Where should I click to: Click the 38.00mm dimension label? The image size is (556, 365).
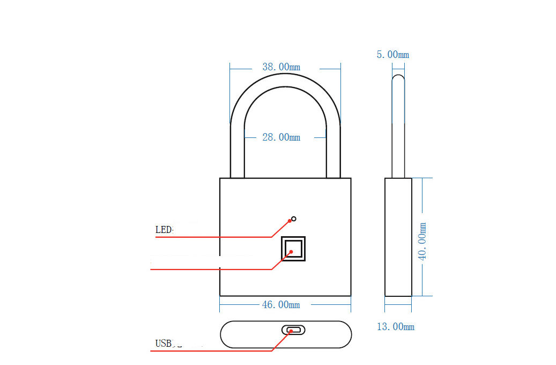(281, 67)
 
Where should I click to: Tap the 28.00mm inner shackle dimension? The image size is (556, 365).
(281, 137)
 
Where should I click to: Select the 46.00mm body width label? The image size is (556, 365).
(280, 305)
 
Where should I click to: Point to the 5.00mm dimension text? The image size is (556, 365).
(392, 55)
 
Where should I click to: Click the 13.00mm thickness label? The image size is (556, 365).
(396, 326)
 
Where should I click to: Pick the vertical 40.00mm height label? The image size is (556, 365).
(422, 242)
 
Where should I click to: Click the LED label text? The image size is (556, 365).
(164, 230)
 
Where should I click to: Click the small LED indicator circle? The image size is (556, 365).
(293, 219)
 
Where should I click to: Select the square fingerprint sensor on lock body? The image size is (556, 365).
(293, 249)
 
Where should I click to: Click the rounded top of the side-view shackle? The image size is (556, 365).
(398, 78)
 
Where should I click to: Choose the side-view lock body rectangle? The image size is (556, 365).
(398, 237)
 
